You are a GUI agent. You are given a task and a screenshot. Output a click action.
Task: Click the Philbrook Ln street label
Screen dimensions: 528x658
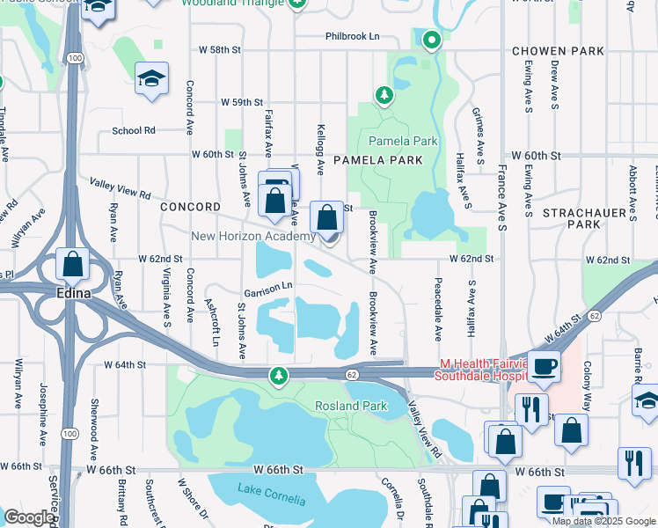(352, 36)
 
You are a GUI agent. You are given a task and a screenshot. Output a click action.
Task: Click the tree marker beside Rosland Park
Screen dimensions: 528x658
(279, 377)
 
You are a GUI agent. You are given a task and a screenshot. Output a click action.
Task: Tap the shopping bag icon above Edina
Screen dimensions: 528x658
(72, 264)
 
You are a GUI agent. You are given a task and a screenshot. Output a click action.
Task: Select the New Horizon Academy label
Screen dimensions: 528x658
(253, 237)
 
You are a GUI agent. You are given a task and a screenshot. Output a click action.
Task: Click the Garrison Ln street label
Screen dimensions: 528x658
(268, 287)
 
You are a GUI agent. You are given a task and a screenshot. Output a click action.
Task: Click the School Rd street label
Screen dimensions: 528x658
(134, 130)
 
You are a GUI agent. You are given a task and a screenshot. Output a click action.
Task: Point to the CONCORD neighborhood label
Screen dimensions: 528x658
(190, 207)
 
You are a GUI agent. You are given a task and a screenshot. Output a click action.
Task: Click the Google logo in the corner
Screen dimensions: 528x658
(29, 517)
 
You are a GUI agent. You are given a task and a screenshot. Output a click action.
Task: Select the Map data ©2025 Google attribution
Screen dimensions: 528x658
(603, 521)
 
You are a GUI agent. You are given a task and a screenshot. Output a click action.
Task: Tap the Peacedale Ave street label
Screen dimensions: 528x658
(437, 310)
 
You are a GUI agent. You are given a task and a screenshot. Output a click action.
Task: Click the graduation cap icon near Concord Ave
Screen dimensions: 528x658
(151, 79)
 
